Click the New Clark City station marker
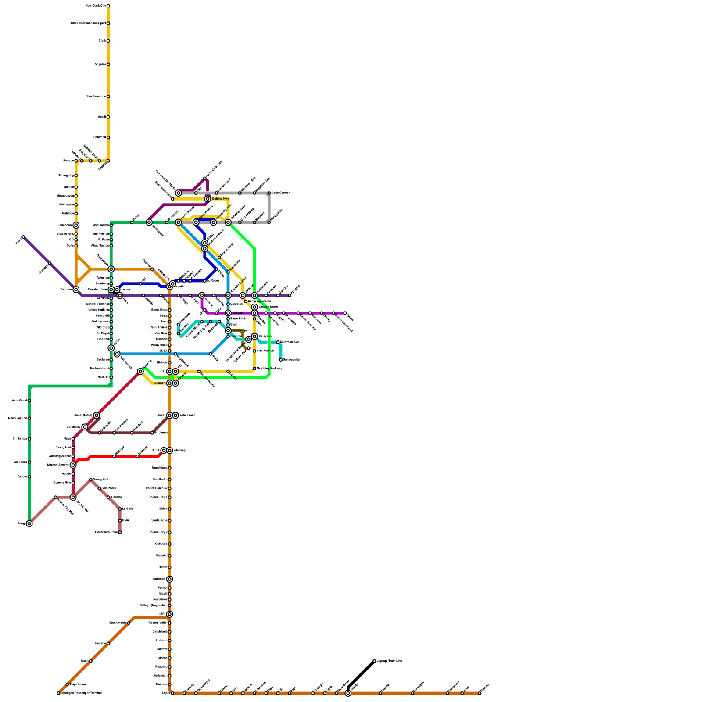click(x=108, y=6)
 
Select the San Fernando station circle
click(x=108, y=97)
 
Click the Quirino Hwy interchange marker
click(x=208, y=199)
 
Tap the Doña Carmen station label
click(x=281, y=193)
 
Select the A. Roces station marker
click(x=205, y=281)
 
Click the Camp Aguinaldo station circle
click(x=246, y=301)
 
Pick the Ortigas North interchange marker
click(x=254, y=307)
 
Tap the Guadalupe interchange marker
click(x=228, y=330)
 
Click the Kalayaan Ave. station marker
click(x=278, y=342)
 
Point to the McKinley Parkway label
click(x=269, y=369)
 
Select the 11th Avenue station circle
click(x=254, y=351)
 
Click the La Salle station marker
click(x=120, y=509)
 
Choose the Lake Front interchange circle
click(x=175, y=415)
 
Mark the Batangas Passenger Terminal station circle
click(x=58, y=693)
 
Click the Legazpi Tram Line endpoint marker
click(x=374, y=661)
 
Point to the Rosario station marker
click(x=108, y=644)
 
